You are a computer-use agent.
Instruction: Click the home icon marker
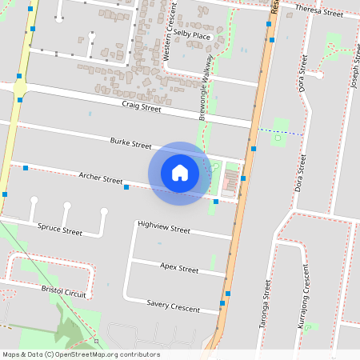180,173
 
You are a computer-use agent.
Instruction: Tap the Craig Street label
142,107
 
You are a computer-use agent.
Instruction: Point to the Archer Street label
100,178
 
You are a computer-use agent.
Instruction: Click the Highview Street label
163,229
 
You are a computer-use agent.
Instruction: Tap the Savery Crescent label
173,306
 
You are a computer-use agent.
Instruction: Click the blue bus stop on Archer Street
126,187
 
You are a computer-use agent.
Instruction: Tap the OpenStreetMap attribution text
80,354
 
